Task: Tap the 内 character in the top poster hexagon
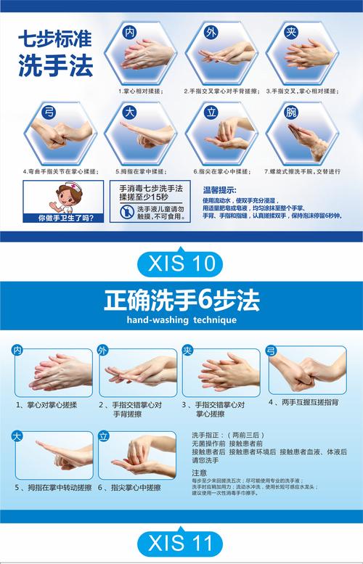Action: [131, 33]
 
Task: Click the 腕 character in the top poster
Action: [290, 113]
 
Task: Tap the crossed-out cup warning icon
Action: [126, 212]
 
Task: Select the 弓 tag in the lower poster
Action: [272, 351]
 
